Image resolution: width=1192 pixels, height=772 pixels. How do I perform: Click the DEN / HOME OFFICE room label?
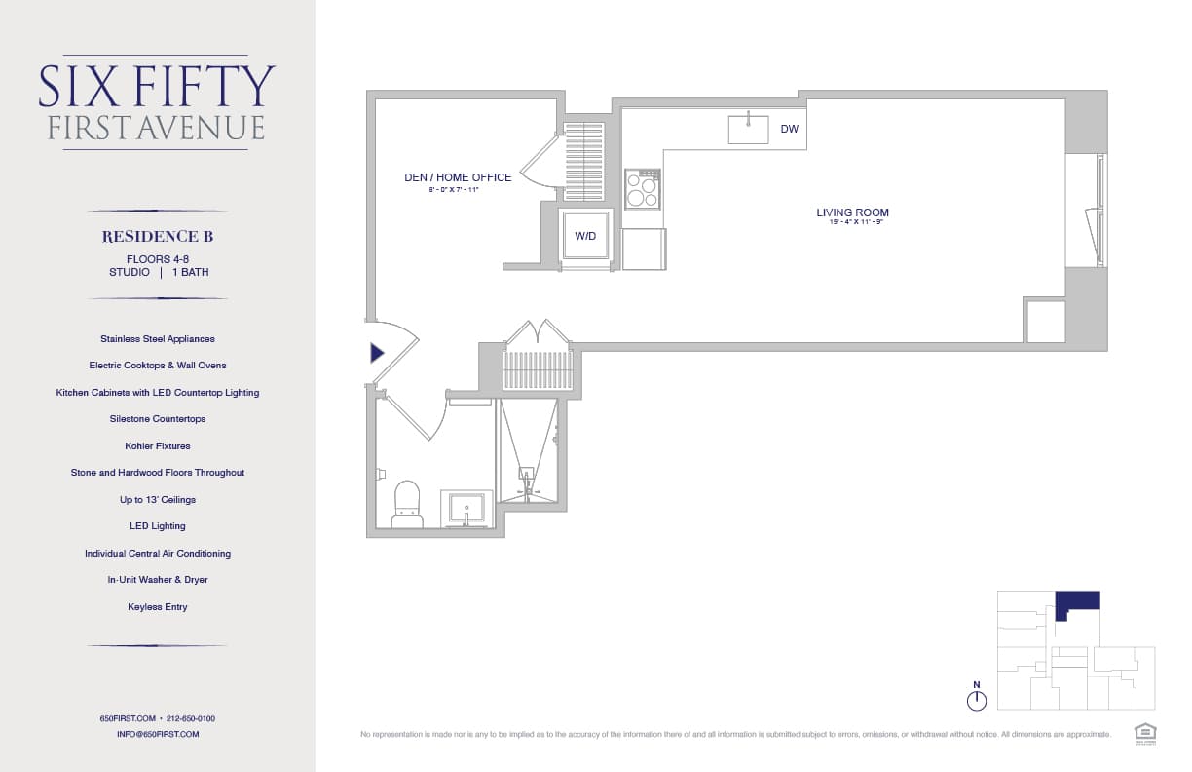click(x=458, y=177)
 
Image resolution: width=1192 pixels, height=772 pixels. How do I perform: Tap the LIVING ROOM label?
click(x=852, y=212)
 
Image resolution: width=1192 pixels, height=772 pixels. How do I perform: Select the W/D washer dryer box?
click(x=584, y=236)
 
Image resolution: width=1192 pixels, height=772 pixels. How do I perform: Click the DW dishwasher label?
click(x=789, y=129)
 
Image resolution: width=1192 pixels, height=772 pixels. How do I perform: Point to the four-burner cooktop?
click(x=642, y=189)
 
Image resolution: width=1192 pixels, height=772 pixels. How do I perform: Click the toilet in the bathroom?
click(x=407, y=504)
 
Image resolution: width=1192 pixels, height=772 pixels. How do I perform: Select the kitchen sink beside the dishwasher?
click(x=748, y=129)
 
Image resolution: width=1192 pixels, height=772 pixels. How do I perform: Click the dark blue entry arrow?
click(x=377, y=353)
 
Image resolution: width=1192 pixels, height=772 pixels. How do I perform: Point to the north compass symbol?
click(x=977, y=699)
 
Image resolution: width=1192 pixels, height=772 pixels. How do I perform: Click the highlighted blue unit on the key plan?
click(x=1079, y=600)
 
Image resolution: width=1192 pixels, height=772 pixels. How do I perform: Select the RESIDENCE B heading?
click(x=158, y=237)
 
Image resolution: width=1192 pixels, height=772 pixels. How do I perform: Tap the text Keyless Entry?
click(x=158, y=606)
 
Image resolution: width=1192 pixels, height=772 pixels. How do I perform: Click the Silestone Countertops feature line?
click(x=158, y=419)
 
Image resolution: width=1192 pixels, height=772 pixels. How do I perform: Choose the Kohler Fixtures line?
click(x=158, y=445)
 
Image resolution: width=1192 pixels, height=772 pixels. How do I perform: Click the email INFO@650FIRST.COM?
click(x=158, y=734)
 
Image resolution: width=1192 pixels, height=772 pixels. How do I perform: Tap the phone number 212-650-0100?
click(x=191, y=718)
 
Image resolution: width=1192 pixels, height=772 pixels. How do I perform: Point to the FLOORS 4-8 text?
click(x=158, y=259)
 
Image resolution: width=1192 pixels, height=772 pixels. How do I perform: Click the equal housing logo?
click(x=1144, y=732)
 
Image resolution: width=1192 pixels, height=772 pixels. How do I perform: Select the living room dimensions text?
click(x=852, y=223)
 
